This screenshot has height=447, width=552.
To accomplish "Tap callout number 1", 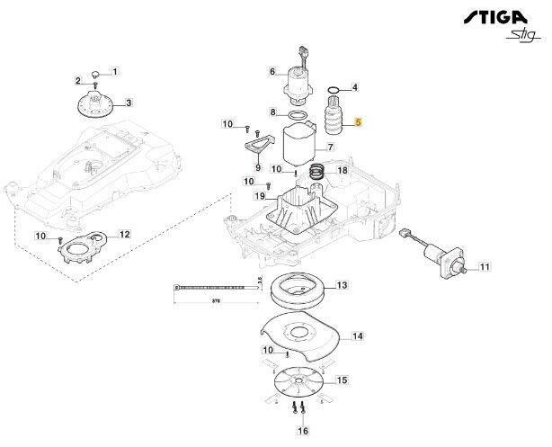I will click(x=115, y=71).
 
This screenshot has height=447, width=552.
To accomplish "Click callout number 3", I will click(x=128, y=103).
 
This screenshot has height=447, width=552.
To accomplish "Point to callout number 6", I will click(x=272, y=71).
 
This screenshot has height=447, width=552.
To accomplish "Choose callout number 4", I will click(x=355, y=87).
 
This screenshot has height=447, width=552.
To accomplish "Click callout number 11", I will click(x=484, y=267).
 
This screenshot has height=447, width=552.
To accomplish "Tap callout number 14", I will click(x=358, y=336).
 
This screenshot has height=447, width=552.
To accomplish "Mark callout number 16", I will click(x=302, y=432).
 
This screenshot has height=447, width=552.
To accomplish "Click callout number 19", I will click(x=259, y=196).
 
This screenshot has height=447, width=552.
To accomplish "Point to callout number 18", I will click(x=342, y=170).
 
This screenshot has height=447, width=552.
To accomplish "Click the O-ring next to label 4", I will click(x=334, y=88).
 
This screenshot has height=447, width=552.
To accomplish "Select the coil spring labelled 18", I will click(x=317, y=170).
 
